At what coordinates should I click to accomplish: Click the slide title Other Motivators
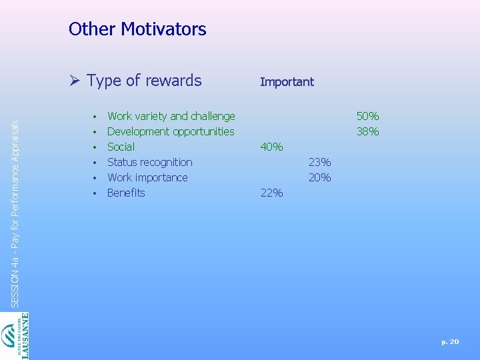point(137,29)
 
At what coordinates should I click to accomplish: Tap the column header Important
point(287,82)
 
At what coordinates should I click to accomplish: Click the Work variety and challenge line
point(171,116)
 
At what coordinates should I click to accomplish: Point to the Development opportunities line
point(171,131)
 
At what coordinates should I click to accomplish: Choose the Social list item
point(121,147)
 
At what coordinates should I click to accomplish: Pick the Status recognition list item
point(149,162)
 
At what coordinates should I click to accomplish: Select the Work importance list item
point(147,177)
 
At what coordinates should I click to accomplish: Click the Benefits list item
point(126,193)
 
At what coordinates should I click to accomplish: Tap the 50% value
point(367,116)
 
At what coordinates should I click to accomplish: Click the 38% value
point(367,131)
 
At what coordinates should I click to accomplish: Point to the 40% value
point(271,147)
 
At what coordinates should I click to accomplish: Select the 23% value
point(319,162)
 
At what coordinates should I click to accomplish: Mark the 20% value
point(319,177)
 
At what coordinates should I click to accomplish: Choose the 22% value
point(271,193)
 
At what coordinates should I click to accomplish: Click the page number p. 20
point(450,341)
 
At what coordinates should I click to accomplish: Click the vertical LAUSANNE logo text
point(25,336)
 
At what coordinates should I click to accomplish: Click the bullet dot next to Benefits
point(95,193)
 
